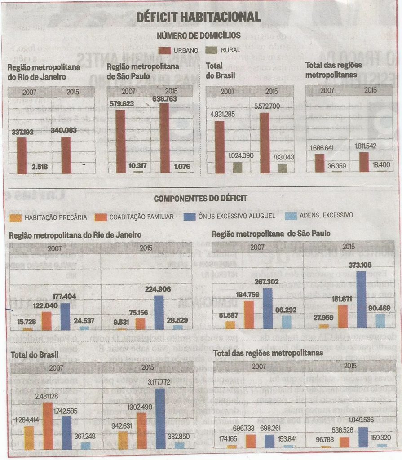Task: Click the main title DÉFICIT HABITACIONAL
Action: [x=198, y=17]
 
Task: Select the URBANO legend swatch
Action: [x=166, y=50]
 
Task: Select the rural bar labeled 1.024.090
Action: [x=237, y=167]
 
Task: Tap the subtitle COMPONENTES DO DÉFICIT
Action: [x=200, y=198]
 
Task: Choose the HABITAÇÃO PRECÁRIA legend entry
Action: [x=49, y=217]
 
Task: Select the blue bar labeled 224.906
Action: [x=159, y=312]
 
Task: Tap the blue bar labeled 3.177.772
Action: [x=160, y=419]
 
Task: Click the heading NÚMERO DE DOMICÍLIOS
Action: [x=198, y=35]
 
